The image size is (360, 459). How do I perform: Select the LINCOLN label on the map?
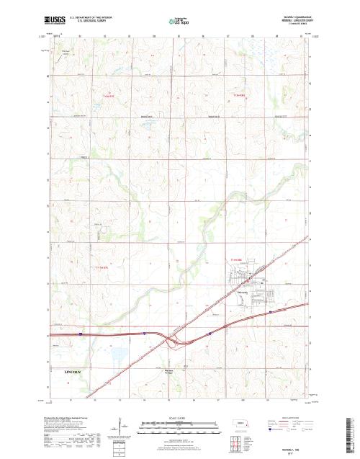(x=74, y=372)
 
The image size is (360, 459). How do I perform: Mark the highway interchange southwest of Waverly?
(x=173, y=339)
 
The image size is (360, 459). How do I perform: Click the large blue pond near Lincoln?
(x=119, y=354)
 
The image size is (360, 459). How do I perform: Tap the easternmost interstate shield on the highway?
(x=271, y=312)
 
